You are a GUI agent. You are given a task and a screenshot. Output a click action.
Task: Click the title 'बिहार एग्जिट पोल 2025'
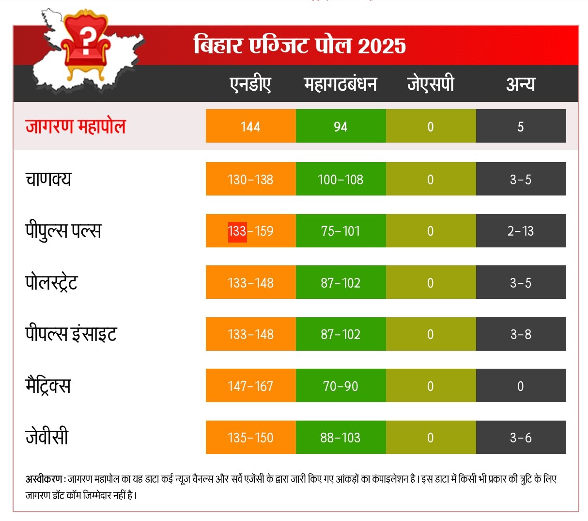coord(299,46)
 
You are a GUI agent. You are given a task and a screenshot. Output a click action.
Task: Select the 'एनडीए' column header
coord(250,84)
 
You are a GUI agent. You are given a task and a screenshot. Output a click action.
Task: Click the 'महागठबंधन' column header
coord(340,84)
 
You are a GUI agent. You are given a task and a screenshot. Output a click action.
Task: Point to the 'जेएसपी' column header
coord(431,84)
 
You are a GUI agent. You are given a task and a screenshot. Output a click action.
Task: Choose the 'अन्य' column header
coord(521,84)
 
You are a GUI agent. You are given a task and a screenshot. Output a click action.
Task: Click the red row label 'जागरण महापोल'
coord(76,126)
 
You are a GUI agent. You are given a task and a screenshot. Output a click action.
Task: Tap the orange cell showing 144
coord(250,127)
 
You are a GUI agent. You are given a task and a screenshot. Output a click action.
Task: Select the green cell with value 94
coord(340,127)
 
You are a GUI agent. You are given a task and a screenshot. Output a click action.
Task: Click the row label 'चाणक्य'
coord(48,179)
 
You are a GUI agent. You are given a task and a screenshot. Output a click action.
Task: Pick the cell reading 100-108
coord(340,179)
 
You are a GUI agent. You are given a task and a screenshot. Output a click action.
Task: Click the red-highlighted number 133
coord(237,231)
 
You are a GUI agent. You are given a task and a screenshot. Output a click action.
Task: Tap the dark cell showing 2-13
coord(521,231)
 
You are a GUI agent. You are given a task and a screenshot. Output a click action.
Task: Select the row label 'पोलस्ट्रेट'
coord(51,282)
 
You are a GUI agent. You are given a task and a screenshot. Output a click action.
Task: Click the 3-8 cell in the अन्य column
coord(521,334)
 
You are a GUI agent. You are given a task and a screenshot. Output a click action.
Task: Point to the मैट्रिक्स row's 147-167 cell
coord(250,386)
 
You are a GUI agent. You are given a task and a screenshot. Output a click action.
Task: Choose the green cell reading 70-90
coord(340,386)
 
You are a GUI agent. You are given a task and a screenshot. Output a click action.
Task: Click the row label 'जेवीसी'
coord(47,437)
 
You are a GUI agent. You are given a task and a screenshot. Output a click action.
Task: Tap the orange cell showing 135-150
coord(250,438)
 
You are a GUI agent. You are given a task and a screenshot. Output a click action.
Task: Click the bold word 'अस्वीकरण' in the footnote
coord(44,479)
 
